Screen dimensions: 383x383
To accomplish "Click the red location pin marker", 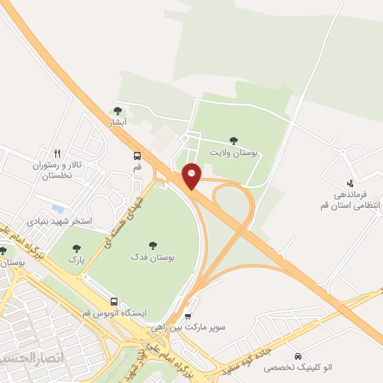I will (191, 175).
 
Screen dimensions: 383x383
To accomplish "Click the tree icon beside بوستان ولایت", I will (234, 140).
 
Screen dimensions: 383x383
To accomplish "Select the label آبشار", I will (119, 121).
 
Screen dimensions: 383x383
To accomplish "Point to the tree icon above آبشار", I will (117, 110).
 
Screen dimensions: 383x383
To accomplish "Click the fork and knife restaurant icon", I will (57, 153).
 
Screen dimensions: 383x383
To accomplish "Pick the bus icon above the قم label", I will (137, 156).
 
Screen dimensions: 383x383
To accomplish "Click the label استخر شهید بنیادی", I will (59, 221).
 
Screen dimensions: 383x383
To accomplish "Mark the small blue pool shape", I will (58, 208).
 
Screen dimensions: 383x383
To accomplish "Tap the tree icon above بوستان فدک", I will (153, 245).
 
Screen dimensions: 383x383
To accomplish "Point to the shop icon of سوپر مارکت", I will (187, 316).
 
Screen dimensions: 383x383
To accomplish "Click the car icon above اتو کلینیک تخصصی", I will (299, 356).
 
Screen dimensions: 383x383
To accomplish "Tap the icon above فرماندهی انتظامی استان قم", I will (350, 182).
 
